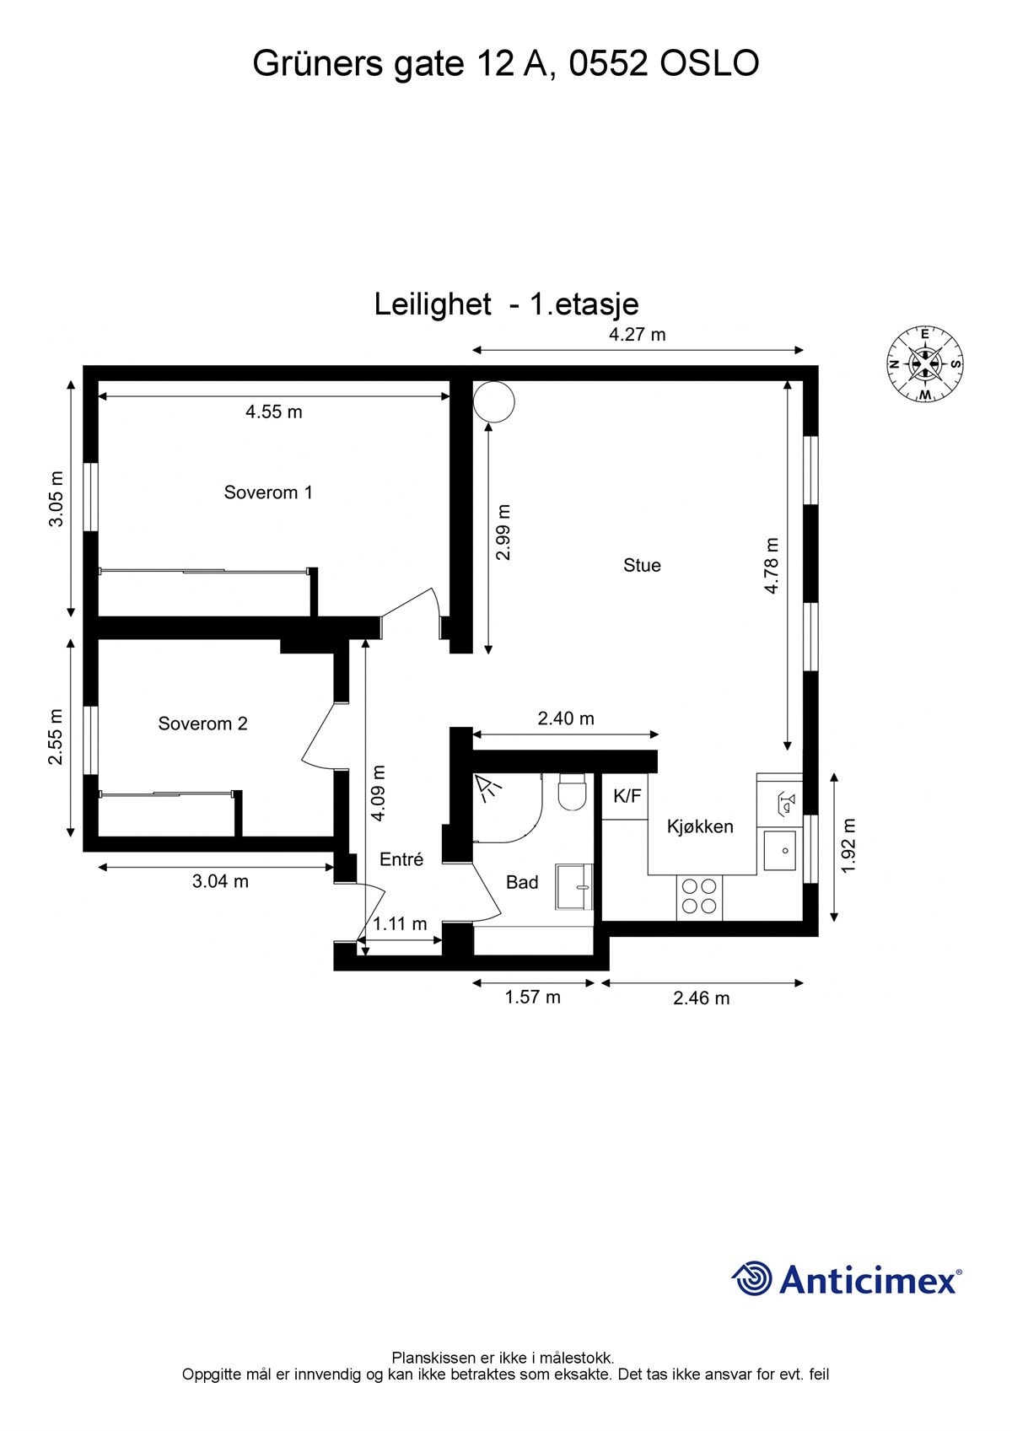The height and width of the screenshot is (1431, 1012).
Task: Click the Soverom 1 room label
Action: tap(267, 492)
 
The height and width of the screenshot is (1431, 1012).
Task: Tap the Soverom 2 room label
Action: tap(202, 724)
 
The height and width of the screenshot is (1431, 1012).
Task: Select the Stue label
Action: tap(642, 565)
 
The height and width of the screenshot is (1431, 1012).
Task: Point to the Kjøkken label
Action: tap(700, 826)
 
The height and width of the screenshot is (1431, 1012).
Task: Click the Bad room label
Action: tap(522, 882)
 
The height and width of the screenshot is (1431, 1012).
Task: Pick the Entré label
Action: tap(401, 859)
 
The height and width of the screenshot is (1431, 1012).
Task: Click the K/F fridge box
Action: tap(627, 796)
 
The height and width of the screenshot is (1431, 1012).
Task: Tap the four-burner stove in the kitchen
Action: tap(700, 896)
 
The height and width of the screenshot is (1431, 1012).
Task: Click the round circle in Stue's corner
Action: tap(494, 401)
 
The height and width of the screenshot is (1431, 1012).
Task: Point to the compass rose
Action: tap(925, 364)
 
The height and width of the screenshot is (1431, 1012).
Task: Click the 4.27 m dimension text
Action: tap(637, 334)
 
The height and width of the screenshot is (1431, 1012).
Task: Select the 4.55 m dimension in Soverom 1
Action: tap(273, 412)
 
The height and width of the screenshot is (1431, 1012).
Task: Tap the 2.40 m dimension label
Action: tap(566, 718)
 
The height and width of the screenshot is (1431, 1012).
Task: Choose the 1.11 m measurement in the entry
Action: tap(400, 923)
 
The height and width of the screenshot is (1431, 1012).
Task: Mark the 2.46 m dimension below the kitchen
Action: tap(701, 998)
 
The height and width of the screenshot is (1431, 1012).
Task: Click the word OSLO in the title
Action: tap(709, 64)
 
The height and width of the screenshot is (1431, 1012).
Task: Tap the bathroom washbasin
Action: tap(574, 886)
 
